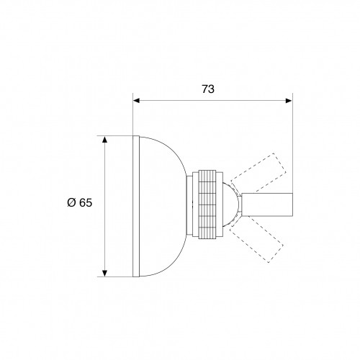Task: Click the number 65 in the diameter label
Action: (85, 203)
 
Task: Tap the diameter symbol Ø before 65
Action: (71, 203)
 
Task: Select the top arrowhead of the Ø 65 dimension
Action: (105, 139)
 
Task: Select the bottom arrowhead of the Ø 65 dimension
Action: (105, 271)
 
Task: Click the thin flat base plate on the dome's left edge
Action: (135, 205)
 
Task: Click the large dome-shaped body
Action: (162, 205)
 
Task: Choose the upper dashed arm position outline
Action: (263, 171)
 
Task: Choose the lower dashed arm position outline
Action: (263, 240)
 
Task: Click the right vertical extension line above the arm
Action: (292, 144)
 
